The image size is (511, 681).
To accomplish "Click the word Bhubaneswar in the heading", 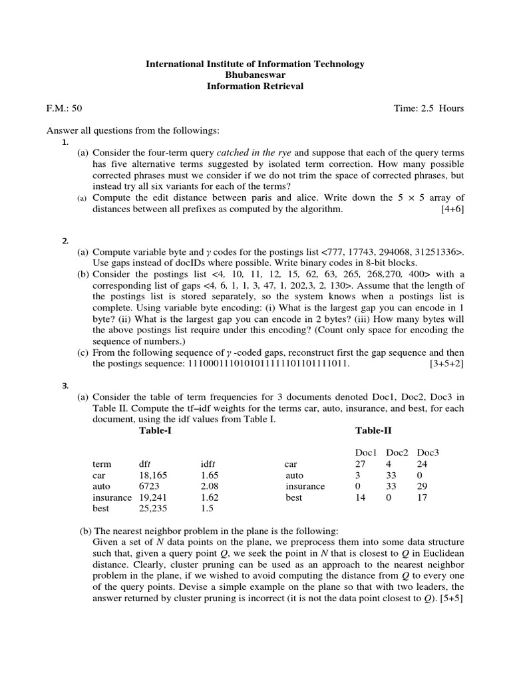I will click(255, 74).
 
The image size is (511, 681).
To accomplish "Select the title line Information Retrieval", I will click(255, 86).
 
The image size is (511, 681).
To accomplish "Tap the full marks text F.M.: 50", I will click(65, 108).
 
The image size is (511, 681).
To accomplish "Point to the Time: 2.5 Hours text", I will click(429, 108).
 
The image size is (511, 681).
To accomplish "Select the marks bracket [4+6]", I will click(452, 209).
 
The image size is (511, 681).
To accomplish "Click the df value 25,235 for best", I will click(152, 508).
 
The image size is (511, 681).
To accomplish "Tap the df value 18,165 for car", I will click(152, 475).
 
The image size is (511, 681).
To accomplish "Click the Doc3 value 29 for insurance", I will click(424, 486).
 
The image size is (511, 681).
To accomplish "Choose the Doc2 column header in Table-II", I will click(397, 452).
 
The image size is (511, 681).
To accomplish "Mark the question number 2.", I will click(65, 240).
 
